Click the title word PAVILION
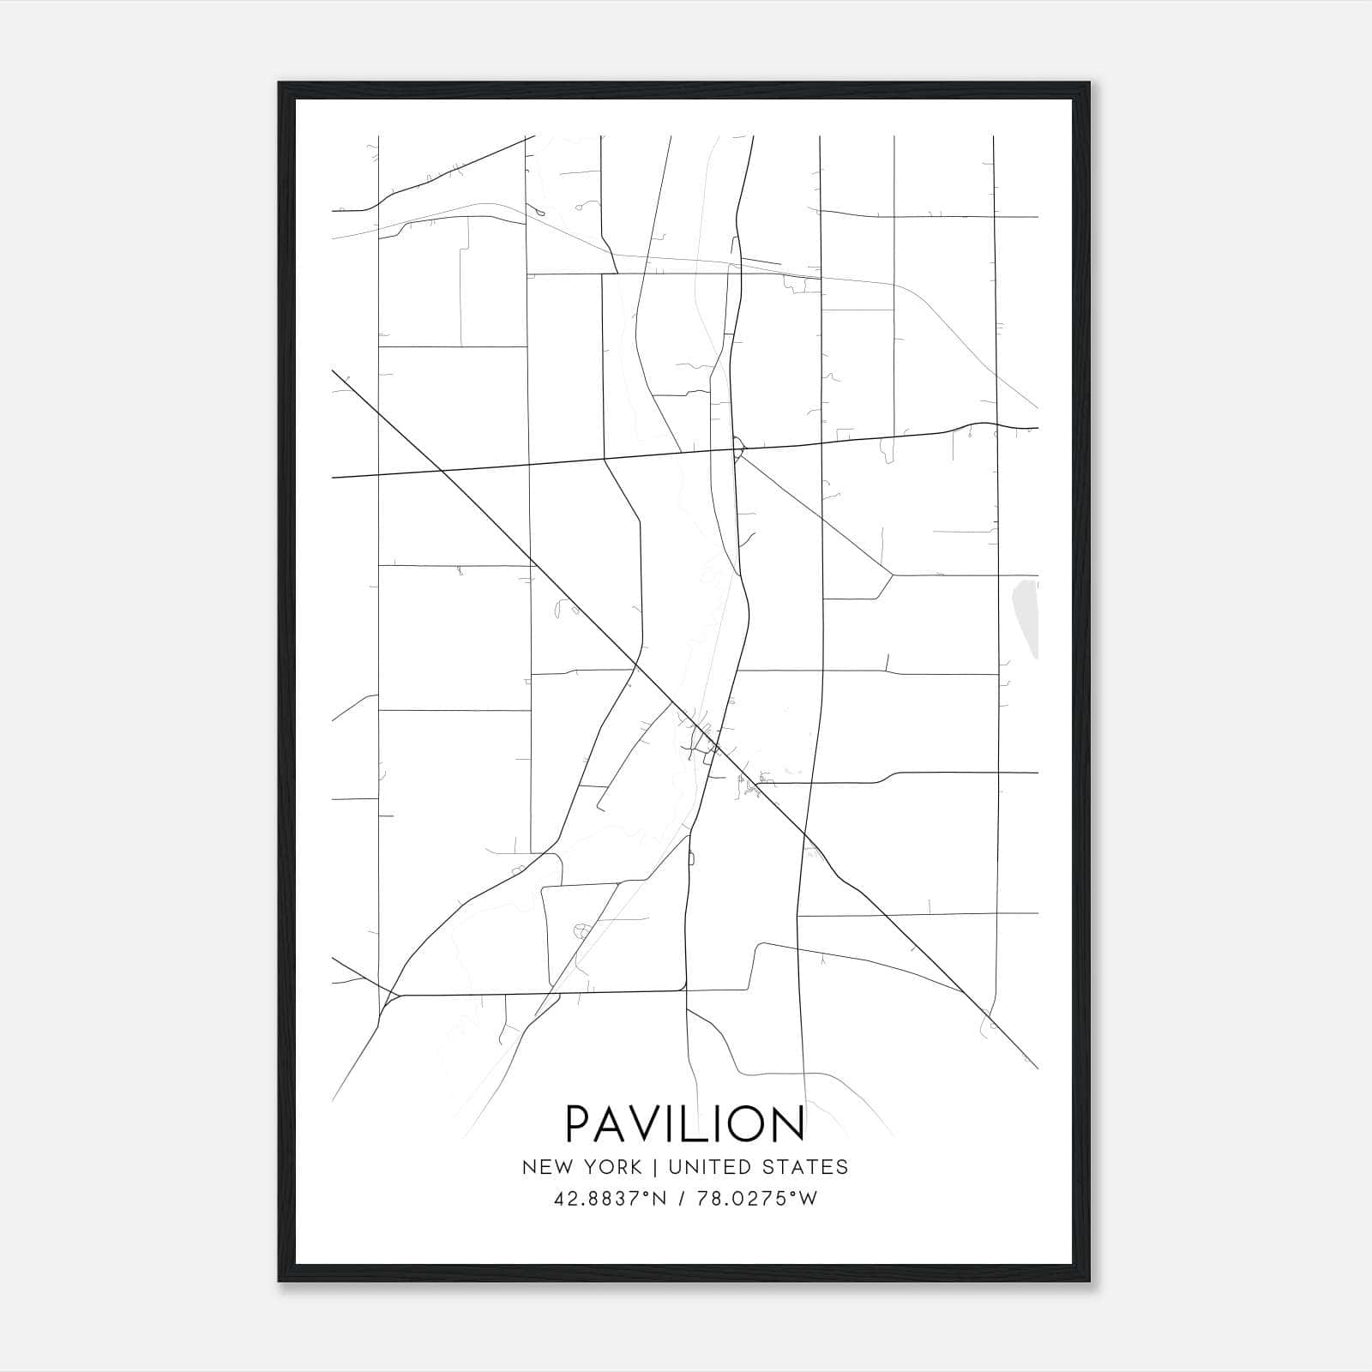coord(685,1123)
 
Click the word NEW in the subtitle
coord(543,1167)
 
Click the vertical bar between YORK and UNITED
coord(655,1167)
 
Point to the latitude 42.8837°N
coord(611,1199)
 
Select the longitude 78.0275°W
coord(757,1199)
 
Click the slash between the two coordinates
coord(682,1199)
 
